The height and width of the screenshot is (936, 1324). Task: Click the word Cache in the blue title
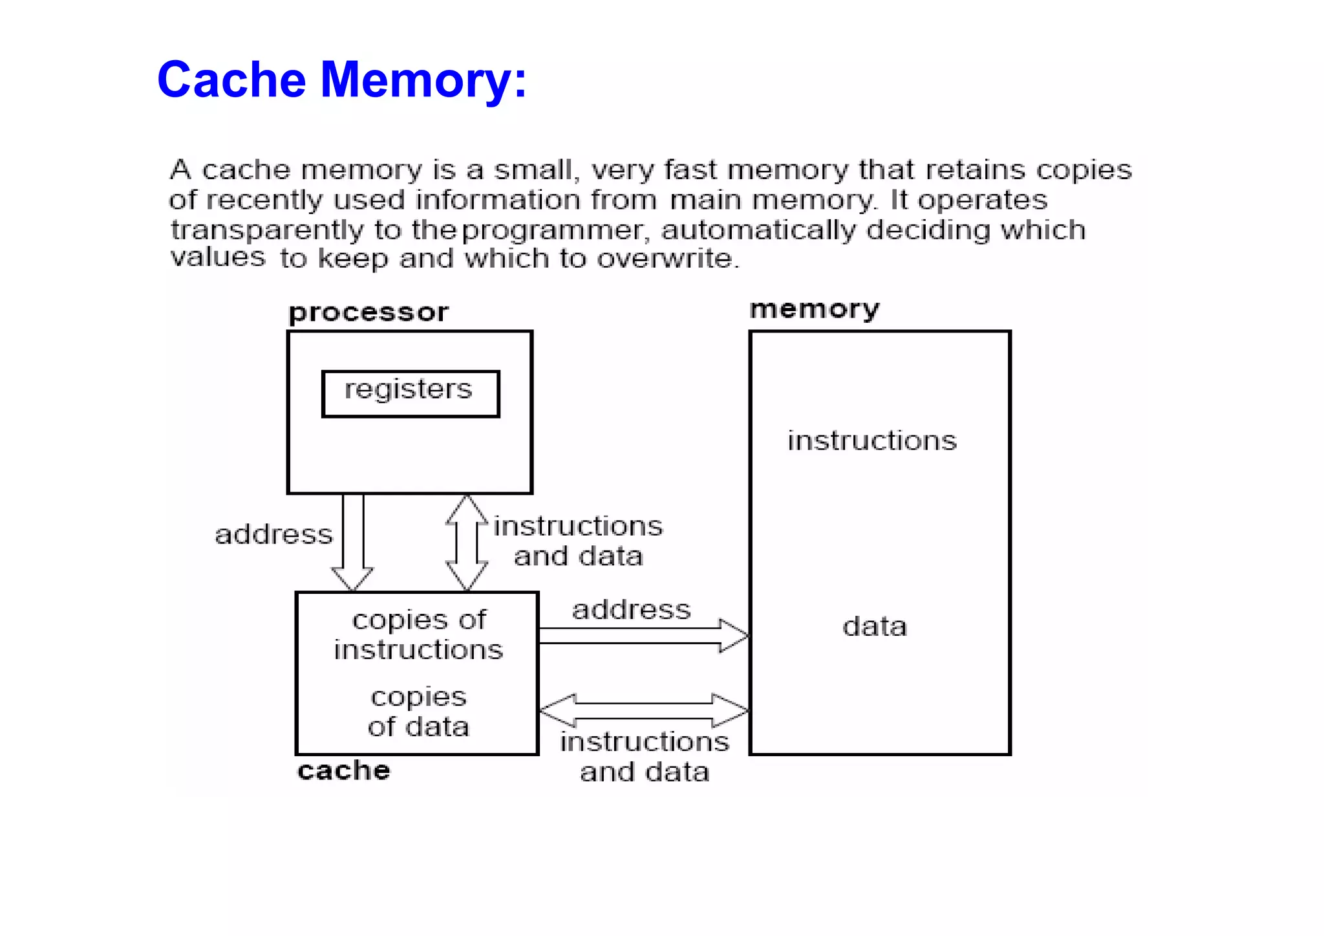[231, 80]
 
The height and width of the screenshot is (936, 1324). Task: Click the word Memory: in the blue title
[423, 81]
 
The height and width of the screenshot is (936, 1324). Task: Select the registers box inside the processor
[411, 393]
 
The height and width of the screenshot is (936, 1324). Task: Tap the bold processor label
[368, 313]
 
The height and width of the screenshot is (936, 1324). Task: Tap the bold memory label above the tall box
[814, 309]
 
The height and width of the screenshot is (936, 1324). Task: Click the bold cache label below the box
[343, 770]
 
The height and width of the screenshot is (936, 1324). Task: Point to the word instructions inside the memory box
[871, 441]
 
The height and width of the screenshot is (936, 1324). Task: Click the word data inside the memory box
[874, 627]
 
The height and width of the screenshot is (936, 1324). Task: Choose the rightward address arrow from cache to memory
[643, 636]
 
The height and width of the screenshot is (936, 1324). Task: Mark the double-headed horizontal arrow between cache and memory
[643, 710]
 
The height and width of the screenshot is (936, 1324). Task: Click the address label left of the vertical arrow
[273, 535]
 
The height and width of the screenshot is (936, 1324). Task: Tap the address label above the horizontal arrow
[631, 610]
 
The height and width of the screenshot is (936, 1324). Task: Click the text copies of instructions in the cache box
[418, 635]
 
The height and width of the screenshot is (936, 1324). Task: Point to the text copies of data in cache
[418, 712]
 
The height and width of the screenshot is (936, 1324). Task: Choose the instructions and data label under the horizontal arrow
[645, 757]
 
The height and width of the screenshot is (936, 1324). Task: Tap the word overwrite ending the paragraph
[666, 259]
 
